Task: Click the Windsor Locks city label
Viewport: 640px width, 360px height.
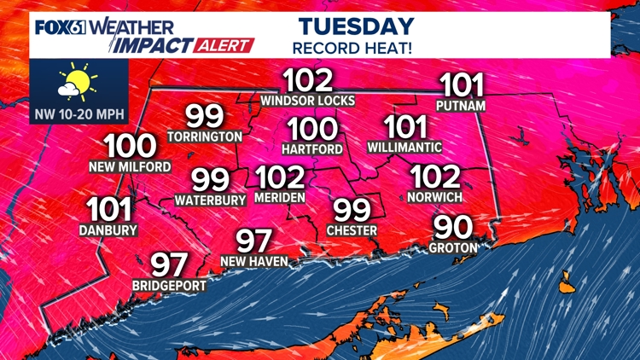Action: pyautogui.click(x=307, y=101)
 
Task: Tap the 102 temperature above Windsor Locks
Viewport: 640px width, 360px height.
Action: pyautogui.click(x=307, y=82)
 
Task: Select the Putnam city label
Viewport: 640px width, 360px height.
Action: pyautogui.click(x=461, y=106)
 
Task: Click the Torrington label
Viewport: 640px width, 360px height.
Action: pyautogui.click(x=205, y=136)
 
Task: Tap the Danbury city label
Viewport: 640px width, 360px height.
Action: pyautogui.click(x=108, y=229)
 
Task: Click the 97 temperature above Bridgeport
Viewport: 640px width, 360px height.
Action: pyautogui.click(x=169, y=265)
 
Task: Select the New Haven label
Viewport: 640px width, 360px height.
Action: pyautogui.click(x=253, y=260)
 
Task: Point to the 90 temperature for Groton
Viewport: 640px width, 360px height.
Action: pyautogui.click(x=456, y=228)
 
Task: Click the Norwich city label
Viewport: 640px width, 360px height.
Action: pyautogui.click(x=435, y=197)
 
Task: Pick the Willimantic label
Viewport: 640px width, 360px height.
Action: pyautogui.click(x=404, y=147)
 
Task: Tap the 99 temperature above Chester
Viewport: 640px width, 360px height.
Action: pyautogui.click(x=351, y=210)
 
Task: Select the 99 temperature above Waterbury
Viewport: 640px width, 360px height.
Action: pyautogui.click(x=210, y=181)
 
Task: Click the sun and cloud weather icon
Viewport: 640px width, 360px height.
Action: pyautogui.click(x=73, y=84)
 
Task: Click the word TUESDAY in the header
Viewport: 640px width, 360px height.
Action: pyautogui.click(x=357, y=26)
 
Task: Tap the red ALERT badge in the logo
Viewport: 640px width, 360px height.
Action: pyautogui.click(x=226, y=45)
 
